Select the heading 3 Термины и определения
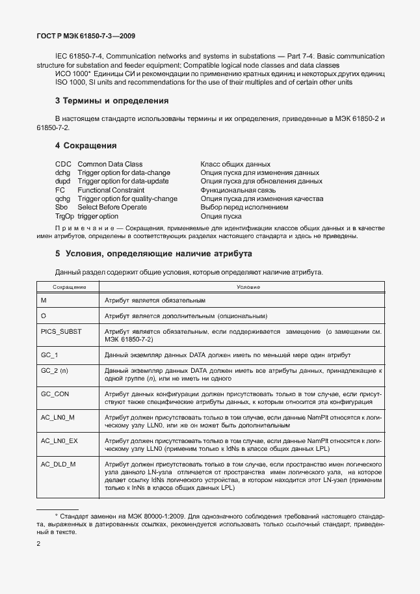click(x=112, y=101)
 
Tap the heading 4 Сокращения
click(x=86, y=145)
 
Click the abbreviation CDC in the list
click(x=63, y=164)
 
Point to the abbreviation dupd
click(x=63, y=182)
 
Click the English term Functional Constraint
click(x=111, y=190)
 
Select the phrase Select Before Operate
click(x=112, y=208)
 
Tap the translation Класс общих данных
click(x=235, y=164)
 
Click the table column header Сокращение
click(x=70, y=287)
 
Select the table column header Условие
click(x=248, y=287)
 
